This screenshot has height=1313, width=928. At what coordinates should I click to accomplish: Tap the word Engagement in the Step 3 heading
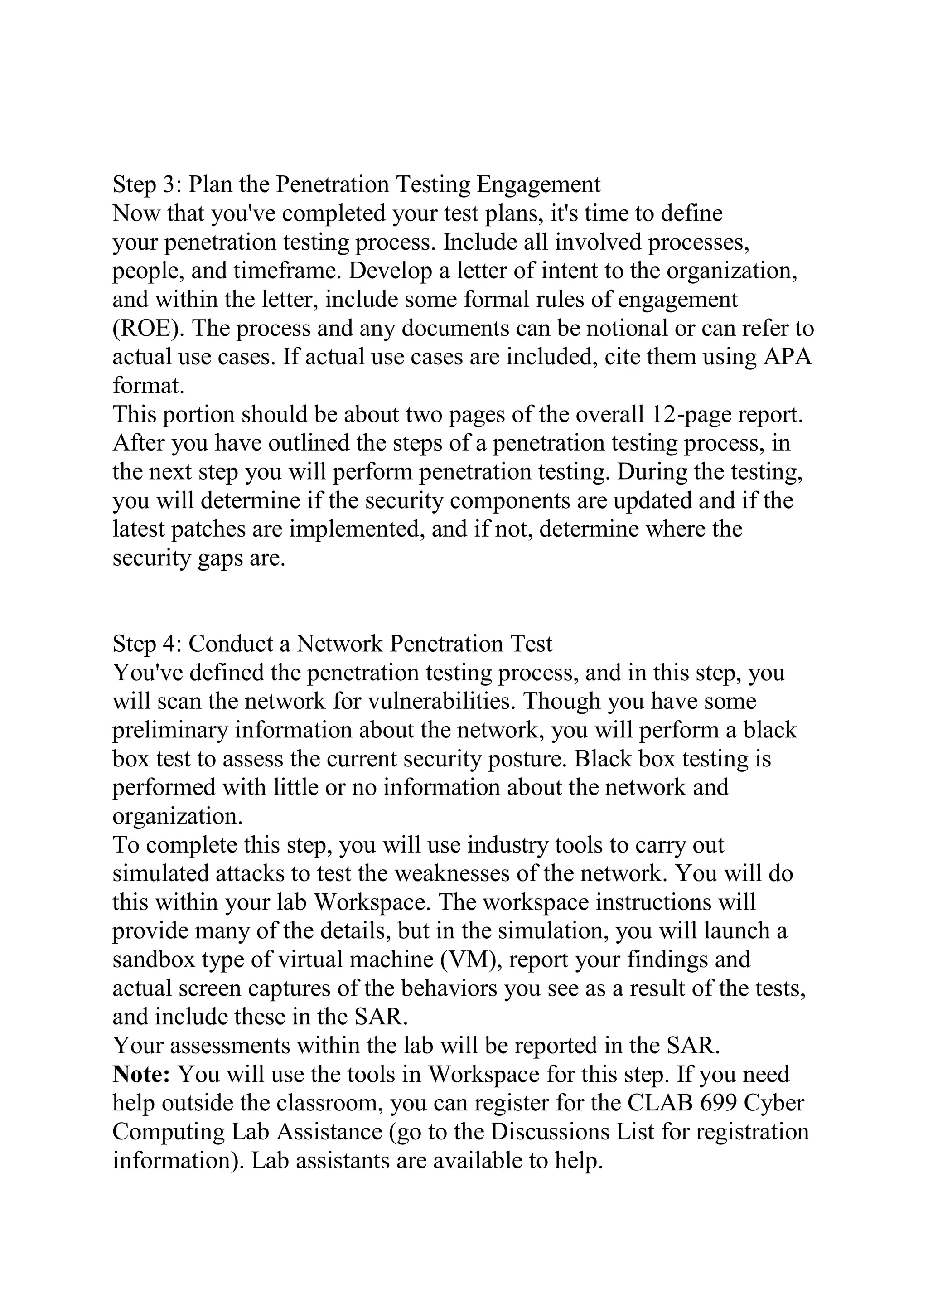click(539, 185)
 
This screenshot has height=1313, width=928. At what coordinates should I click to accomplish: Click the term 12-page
click(691, 414)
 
